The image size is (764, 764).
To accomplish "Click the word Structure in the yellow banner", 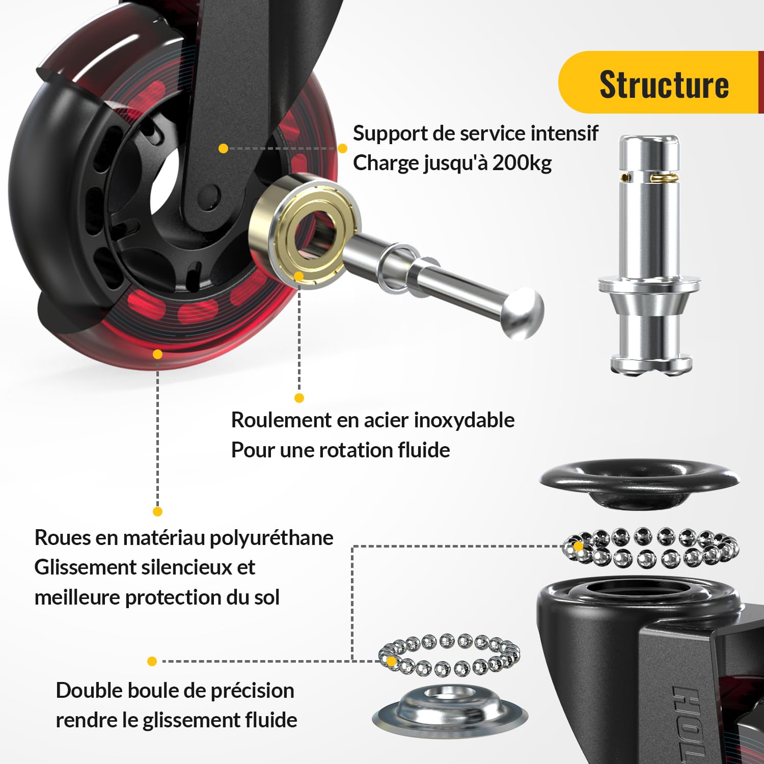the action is (664, 84).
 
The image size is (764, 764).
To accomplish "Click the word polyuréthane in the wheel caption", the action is (271, 538).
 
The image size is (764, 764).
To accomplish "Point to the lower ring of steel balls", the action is (449, 655).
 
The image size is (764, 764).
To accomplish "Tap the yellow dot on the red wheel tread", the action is (158, 354).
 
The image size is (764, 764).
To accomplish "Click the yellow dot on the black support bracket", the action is (223, 148).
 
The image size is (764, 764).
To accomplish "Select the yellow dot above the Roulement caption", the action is (299, 398).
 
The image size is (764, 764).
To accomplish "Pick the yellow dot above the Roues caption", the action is (158, 511).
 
